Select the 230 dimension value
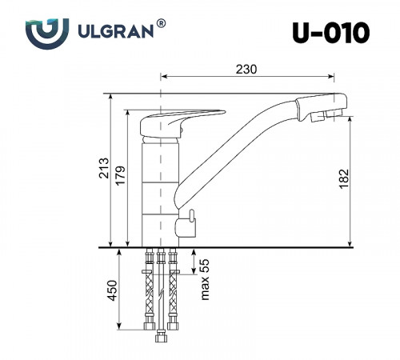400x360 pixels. (x=246, y=69)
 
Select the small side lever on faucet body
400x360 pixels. (x=191, y=216)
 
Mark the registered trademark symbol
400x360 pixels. (x=162, y=25)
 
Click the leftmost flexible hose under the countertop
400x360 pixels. (x=148, y=292)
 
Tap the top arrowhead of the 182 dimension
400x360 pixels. (x=351, y=121)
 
